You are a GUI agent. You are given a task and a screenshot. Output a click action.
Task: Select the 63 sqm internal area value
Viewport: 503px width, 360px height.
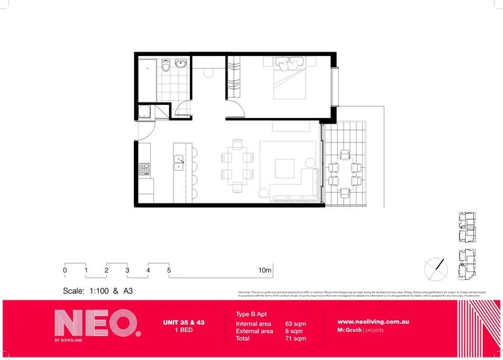tap(295, 324)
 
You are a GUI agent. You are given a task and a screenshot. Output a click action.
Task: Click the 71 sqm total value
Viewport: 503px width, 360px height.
tap(295, 339)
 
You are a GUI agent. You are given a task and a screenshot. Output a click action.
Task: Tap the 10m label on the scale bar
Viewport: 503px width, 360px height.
tap(265, 270)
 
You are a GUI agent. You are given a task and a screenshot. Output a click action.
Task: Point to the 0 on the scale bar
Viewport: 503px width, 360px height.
tap(65, 270)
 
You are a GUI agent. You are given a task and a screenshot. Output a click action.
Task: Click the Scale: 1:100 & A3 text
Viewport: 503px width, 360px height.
tap(97, 291)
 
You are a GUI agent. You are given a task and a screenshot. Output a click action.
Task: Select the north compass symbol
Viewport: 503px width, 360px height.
tap(436, 267)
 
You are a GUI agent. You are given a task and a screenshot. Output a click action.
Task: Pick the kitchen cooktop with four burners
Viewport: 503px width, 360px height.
tap(144, 169)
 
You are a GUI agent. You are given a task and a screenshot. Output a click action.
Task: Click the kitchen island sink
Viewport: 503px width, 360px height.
tap(179, 163)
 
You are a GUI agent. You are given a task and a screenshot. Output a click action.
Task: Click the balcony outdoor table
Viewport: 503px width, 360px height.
tap(344, 170)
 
